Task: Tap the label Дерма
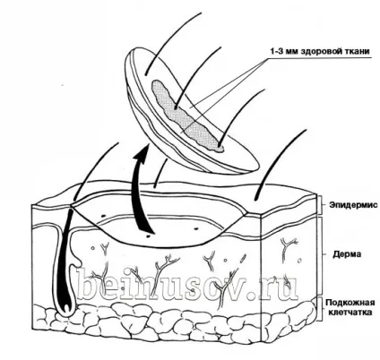(x=347, y=254)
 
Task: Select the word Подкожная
(x=350, y=303)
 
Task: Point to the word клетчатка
(x=350, y=313)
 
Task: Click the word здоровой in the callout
(x=324, y=52)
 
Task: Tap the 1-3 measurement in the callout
(x=276, y=51)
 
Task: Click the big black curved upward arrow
(x=142, y=191)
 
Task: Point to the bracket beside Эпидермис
(x=320, y=205)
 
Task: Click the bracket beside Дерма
(x=320, y=254)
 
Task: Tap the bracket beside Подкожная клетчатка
(x=320, y=308)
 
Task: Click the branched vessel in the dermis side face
(x=286, y=244)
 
